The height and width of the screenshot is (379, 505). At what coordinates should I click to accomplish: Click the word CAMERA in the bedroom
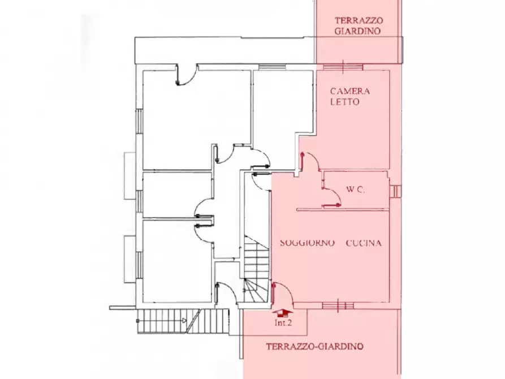350,91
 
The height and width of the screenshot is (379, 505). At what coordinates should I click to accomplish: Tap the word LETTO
346,102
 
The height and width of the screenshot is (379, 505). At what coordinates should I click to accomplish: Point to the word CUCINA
364,243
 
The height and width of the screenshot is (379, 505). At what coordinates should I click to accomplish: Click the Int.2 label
283,324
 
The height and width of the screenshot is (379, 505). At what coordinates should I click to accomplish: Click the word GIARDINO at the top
357,32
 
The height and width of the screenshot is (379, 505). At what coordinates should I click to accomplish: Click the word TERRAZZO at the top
357,20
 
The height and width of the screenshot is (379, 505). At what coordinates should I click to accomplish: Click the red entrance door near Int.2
274,295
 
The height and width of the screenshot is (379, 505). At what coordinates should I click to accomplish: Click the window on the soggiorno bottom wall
338,305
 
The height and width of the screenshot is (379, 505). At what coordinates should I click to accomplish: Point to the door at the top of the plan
186,76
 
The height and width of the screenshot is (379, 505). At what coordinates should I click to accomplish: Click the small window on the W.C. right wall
395,192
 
